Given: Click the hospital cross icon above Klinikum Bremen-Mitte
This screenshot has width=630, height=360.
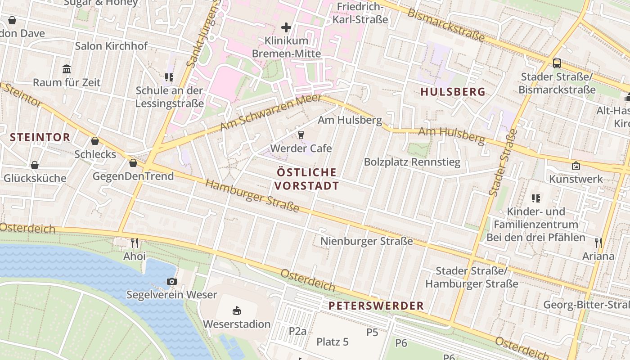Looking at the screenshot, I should pyautogui.click(x=286, y=27).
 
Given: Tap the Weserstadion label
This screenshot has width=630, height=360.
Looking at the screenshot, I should pyautogui.click(x=237, y=324).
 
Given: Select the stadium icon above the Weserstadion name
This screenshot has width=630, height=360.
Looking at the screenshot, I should pyautogui.click(x=237, y=310).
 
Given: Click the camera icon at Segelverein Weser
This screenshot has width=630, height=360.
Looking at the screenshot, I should pyautogui.click(x=171, y=282).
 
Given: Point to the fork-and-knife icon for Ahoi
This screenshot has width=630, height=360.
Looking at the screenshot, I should pyautogui.click(x=135, y=243).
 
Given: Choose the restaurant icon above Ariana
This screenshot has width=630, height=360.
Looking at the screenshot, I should pyautogui.click(x=598, y=243).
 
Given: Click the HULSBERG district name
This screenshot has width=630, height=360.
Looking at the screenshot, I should pyautogui.click(x=453, y=92).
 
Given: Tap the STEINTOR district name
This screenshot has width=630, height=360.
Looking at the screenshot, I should pyautogui.click(x=40, y=137).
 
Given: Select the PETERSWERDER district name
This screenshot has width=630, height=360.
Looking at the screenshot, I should pyautogui.click(x=376, y=306).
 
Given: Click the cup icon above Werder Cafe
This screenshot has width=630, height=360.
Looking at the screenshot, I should pyautogui.click(x=301, y=135).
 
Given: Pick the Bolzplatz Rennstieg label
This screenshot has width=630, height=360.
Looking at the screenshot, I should pyautogui.click(x=412, y=162).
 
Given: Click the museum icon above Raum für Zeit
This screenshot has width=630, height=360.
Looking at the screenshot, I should pyautogui.click(x=67, y=69).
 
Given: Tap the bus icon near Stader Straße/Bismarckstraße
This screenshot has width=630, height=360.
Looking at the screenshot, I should pyautogui.click(x=557, y=63).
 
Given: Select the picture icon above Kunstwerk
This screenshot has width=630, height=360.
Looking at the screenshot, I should pyautogui.click(x=576, y=166).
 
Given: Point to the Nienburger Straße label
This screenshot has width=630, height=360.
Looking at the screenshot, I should pyautogui.click(x=366, y=241).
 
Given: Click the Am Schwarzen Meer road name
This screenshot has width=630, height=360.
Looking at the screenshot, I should pyautogui.click(x=270, y=113).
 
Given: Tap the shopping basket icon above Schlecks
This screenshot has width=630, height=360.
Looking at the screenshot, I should pyautogui.click(x=95, y=141).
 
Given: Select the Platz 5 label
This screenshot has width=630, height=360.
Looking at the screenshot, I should pyautogui.click(x=333, y=342).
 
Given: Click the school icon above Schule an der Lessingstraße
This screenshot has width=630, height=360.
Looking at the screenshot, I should pyautogui.click(x=169, y=77).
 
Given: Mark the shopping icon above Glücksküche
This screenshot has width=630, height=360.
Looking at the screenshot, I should pyautogui.click(x=35, y=165).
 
